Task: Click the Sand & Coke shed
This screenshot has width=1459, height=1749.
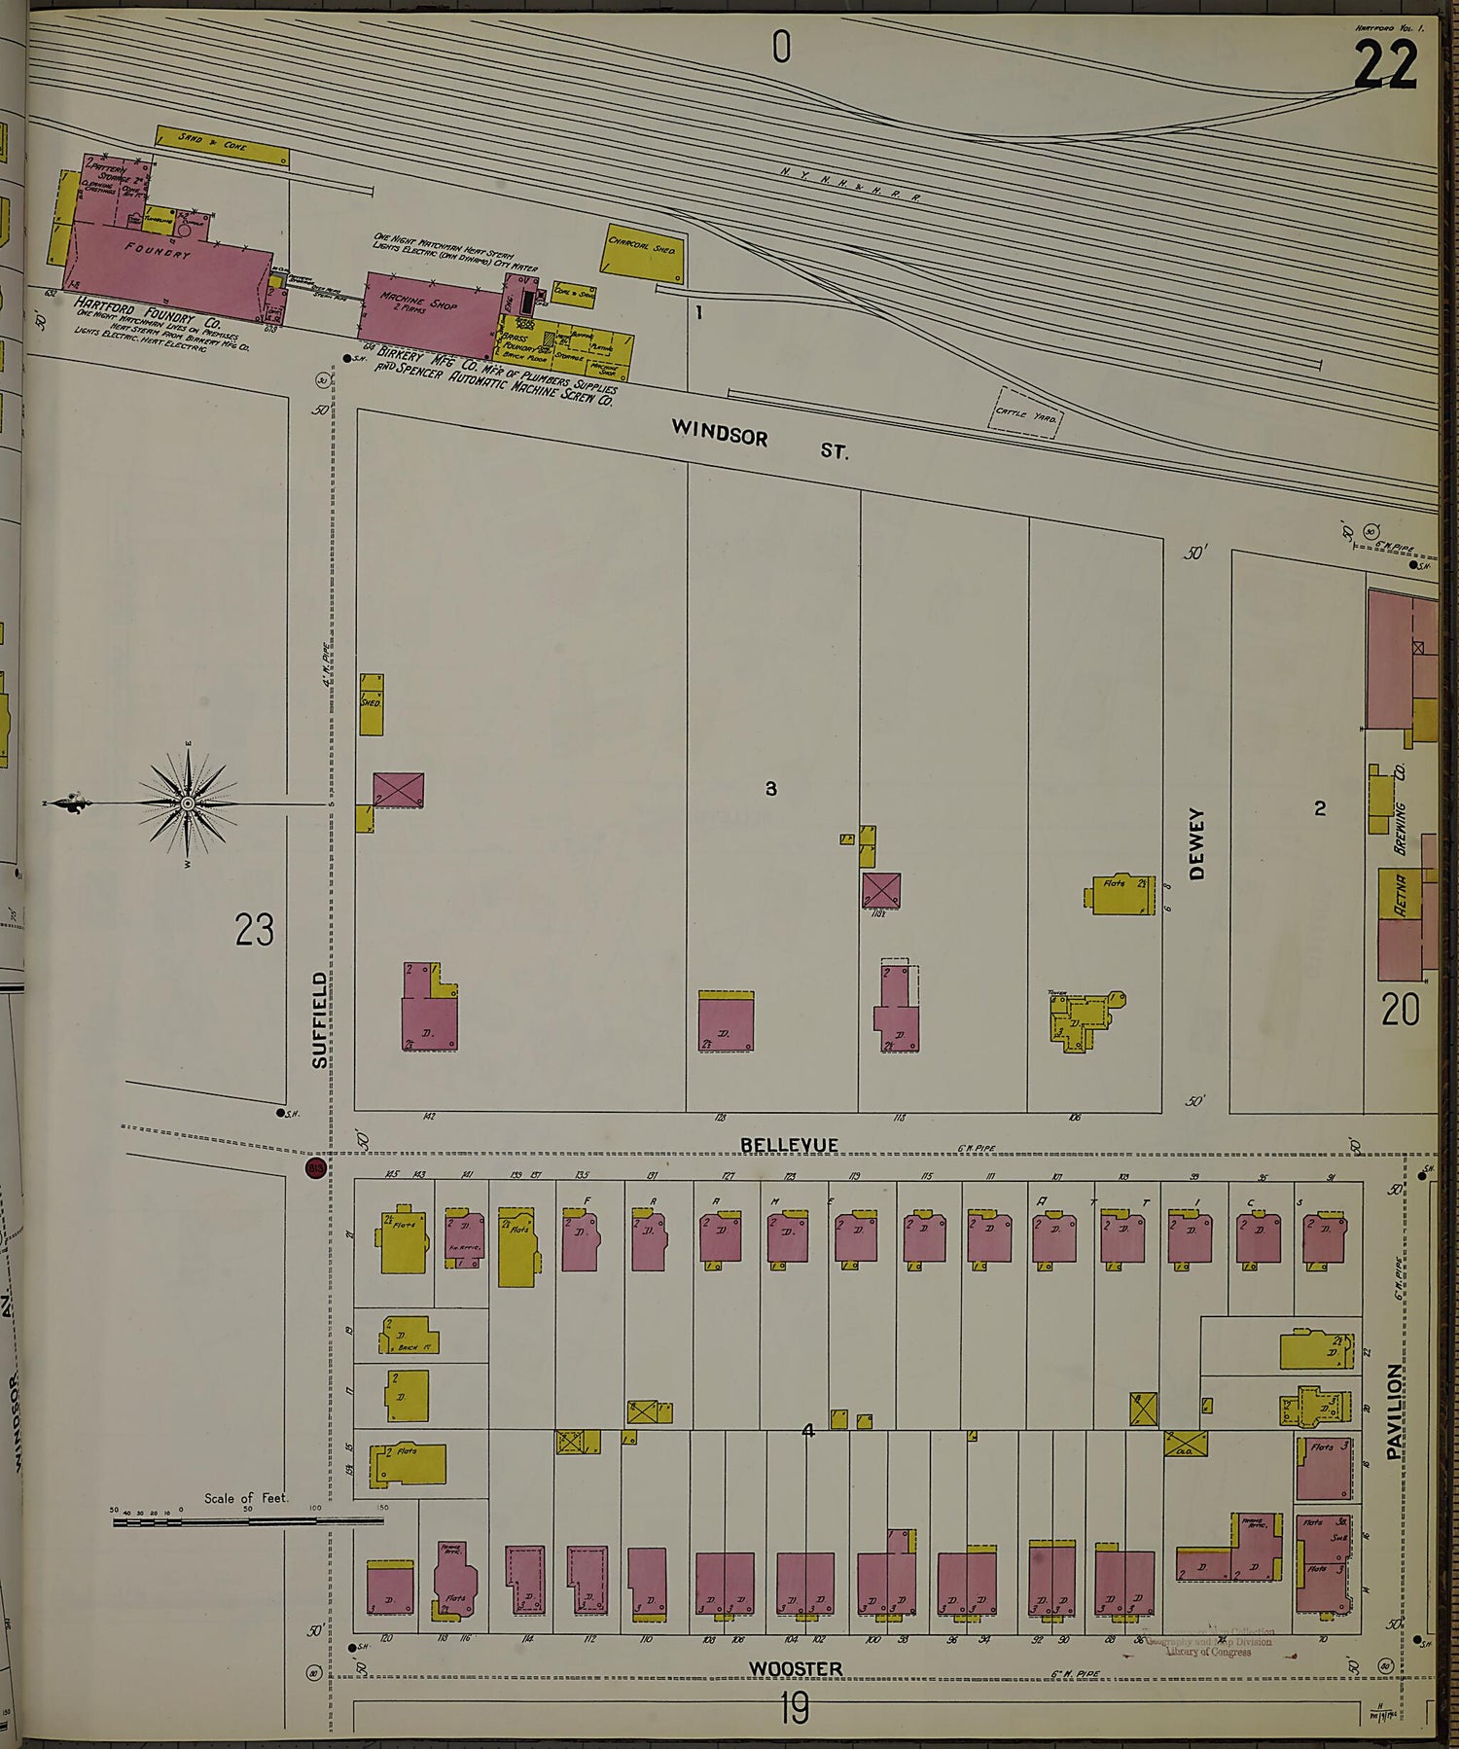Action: pos(222,147)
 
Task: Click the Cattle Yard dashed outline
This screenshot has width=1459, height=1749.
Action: pos(1027,413)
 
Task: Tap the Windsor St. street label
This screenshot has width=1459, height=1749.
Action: pos(759,439)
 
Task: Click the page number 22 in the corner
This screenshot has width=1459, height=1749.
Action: pos(1384,66)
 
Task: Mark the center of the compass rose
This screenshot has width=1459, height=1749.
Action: pos(187,803)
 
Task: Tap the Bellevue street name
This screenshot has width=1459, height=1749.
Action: pos(789,1145)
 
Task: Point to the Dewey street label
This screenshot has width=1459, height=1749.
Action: pos(1196,842)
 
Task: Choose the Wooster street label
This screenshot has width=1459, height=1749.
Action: pos(795,1668)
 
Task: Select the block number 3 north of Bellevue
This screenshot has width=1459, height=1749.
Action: pos(770,788)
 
